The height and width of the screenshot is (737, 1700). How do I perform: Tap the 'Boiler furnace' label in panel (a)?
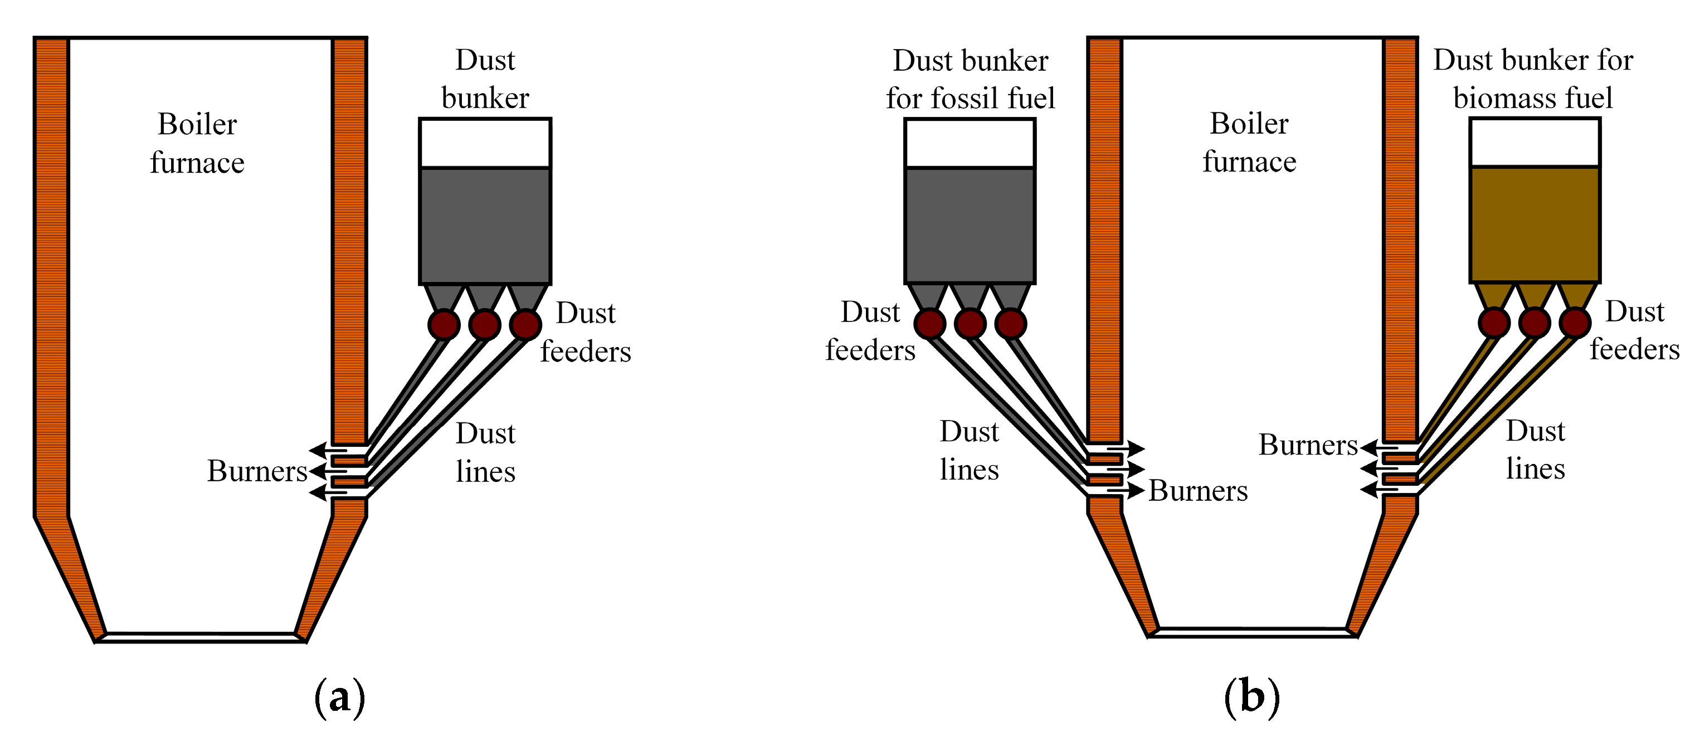click(x=197, y=143)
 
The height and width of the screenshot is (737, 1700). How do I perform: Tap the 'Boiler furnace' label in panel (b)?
click(x=1249, y=143)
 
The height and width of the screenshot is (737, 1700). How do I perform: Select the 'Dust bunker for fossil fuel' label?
click(x=970, y=79)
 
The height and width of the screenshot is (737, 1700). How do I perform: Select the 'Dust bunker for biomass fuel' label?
click(x=1533, y=79)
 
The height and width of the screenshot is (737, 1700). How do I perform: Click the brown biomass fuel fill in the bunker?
click(x=1535, y=224)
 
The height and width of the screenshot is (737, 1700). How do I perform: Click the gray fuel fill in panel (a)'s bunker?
click(x=485, y=226)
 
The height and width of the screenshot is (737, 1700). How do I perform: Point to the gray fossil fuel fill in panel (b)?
click(x=970, y=226)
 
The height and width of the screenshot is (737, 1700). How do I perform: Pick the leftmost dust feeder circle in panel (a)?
click(x=444, y=325)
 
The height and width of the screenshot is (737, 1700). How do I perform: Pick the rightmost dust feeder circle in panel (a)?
click(x=525, y=325)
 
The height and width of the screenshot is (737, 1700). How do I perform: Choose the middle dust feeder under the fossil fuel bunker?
click(x=970, y=323)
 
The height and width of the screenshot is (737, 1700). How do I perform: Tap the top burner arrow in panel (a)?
click(x=329, y=450)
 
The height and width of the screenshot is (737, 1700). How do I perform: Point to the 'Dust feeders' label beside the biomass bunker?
click(x=1635, y=330)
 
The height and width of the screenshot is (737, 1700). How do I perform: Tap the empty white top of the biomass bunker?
click(x=1535, y=143)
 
